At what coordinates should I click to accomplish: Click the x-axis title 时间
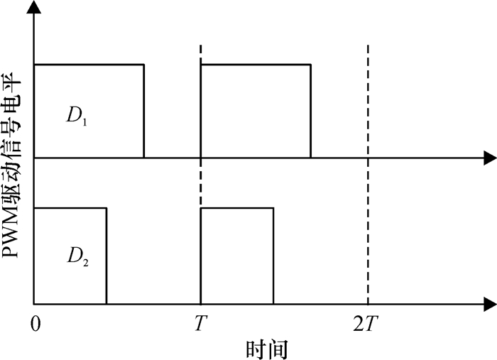266,349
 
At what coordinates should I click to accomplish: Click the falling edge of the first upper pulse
144,110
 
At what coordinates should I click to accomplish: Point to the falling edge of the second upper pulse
310,110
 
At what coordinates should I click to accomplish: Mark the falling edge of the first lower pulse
106,256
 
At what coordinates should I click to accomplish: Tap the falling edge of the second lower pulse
273,256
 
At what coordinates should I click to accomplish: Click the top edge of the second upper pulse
256,65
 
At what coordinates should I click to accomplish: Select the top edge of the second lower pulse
237,208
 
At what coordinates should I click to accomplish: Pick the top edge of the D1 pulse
89,65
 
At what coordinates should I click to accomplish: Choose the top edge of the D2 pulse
70,208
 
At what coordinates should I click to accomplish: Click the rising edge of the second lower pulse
202,256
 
